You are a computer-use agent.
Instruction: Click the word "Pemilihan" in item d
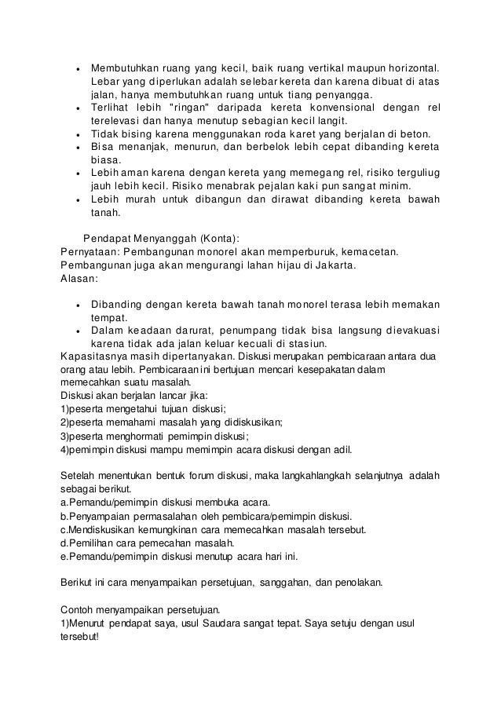point(93,543)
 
